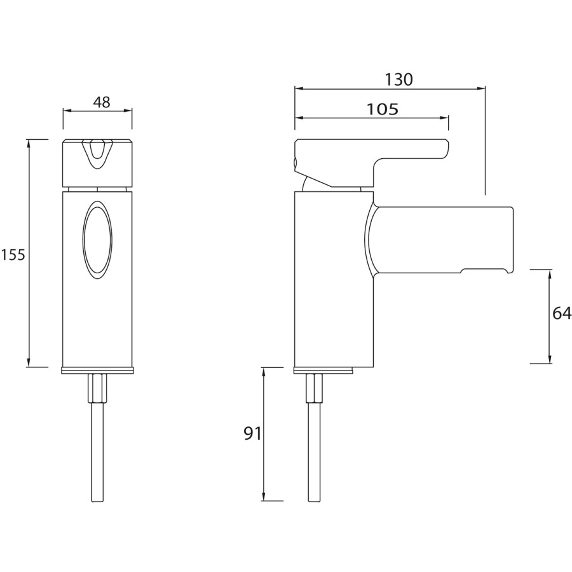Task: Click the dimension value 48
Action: click(101, 102)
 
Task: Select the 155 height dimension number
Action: click(13, 255)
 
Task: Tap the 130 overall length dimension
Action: click(398, 79)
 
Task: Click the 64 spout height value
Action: click(562, 314)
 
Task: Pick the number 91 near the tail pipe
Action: click(253, 433)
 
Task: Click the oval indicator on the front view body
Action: click(97, 240)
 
